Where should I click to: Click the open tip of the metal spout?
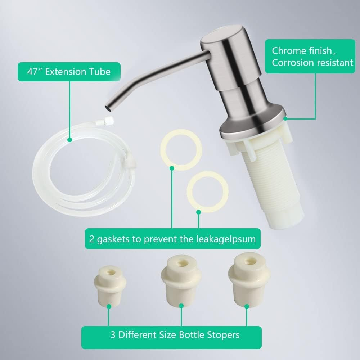point(107,107)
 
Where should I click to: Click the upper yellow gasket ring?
point(181,149)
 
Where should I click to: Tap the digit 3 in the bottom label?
point(113,335)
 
